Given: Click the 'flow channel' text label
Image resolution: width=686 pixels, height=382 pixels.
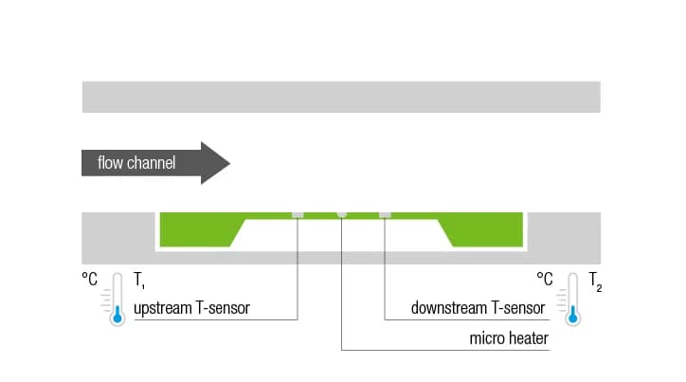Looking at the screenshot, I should pyautogui.click(x=136, y=163).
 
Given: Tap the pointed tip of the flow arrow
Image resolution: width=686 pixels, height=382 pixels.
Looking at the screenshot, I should pyautogui.click(x=228, y=163).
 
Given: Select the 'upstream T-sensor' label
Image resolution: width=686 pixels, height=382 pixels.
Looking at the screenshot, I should pyautogui.click(x=191, y=308).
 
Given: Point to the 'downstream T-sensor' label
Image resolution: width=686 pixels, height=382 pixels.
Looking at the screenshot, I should pyautogui.click(x=478, y=308).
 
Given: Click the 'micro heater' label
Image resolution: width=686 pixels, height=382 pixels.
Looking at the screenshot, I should pyautogui.click(x=509, y=337).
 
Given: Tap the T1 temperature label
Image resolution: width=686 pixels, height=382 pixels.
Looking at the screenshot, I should pyautogui.click(x=139, y=281).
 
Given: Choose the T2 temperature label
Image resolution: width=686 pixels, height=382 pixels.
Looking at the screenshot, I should pyautogui.click(x=595, y=281).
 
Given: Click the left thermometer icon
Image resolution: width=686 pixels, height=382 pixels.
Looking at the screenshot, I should pyautogui.click(x=117, y=299).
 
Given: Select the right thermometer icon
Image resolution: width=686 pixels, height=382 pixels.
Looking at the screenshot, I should pyautogui.click(x=571, y=299).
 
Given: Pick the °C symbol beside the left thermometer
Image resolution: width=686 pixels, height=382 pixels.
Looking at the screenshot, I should pyautogui.click(x=91, y=280).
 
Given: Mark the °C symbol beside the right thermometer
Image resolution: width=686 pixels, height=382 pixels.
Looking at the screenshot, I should pyautogui.click(x=545, y=280).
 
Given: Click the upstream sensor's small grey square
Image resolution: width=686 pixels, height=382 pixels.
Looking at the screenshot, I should pyautogui.click(x=298, y=213).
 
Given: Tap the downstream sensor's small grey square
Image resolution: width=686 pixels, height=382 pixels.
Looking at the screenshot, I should pyautogui.click(x=385, y=213).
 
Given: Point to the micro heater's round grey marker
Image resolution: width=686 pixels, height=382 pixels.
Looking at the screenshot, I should pyautogui.click(x=341, y=213).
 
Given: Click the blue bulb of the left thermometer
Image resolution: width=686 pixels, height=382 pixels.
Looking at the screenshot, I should pyautogui.click(x=117, y=318).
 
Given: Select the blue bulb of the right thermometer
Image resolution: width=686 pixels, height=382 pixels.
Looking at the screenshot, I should pyautogui.click(x=571, y=318).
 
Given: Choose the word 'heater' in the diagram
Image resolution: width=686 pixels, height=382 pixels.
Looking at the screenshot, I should pyautogui.click(x=528, y=337).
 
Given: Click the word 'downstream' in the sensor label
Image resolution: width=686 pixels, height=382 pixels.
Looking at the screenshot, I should pyautogui.click(x=448, y=308).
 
